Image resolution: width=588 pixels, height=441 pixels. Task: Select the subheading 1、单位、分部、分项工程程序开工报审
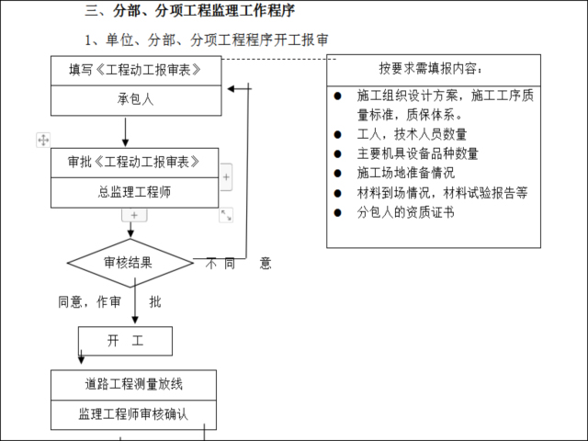point(207,41)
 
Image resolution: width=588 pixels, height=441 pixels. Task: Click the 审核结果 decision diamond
point(130,263)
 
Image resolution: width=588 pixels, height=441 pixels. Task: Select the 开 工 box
point(126,341)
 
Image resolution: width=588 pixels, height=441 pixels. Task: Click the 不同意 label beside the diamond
point(237,264)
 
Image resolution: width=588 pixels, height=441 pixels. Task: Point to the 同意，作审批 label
point(109,301)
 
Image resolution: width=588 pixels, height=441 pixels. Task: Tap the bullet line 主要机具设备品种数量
point(418,153)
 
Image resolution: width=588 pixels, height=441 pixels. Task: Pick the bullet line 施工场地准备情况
point(405,173)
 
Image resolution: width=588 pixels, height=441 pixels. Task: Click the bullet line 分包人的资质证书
point(405,212)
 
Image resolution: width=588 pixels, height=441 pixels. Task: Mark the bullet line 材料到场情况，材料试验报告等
point(442,193)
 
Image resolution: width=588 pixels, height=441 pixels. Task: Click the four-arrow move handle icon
point(42,140)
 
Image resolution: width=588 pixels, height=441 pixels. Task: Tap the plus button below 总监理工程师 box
point(134,214)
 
